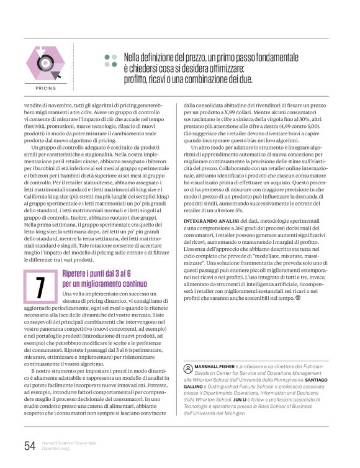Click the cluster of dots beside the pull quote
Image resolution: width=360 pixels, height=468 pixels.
110,60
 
